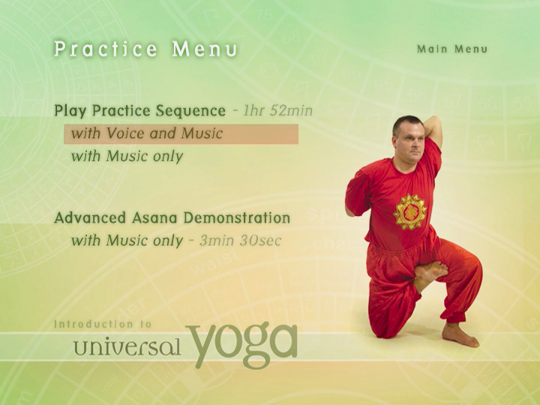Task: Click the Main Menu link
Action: (x=452, y=49)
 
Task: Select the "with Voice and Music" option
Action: (x=147, y=133)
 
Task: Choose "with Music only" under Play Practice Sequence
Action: (x=127, y=157)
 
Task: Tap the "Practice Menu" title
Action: (x=145, y=49)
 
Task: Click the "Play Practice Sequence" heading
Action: (x=139, y=111)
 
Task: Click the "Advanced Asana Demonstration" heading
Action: (x=172, y=218)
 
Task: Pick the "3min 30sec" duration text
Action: (x=241, y=241)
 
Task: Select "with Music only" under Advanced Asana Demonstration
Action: (x=127, y=241)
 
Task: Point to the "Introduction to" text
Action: (x=103, y=324)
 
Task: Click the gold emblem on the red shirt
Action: (x=409, y=211)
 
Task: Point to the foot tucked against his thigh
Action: (x=430, y=273)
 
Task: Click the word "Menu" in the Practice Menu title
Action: (x=205, y=49)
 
